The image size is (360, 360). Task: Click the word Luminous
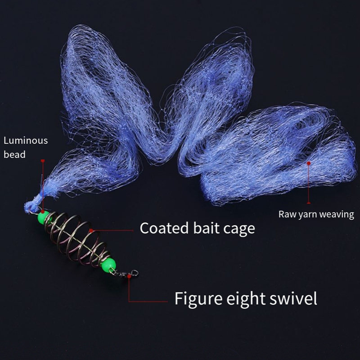pos(26,140)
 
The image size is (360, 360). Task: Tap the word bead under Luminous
pos(14,154)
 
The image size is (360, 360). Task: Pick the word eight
pos(251,299)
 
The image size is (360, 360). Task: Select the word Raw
pos(287,214)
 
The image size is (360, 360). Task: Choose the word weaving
pos(337,215)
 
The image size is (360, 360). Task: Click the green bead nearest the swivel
pos(110,265)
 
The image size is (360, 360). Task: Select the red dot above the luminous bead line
pos(42,160)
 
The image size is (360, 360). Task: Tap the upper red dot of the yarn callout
pos(308,163)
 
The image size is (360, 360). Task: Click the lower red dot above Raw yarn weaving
pos(308,203)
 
